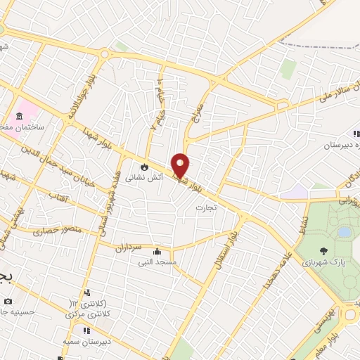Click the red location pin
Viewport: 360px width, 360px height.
pyautogui.click(x=181, y=165)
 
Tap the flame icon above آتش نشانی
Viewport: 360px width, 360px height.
pyautogui.click(x=145, y=167)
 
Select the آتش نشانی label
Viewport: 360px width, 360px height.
pyautogui.click(x=144, y=179)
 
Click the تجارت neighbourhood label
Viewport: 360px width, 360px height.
pyautogui.click(x=207, y=207)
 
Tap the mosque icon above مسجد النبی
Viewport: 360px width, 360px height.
pyautogui.click(x=157, y=251)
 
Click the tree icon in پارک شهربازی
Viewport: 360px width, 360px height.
pyautogui.click(x=323, y=251)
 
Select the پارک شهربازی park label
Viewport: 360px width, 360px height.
pyautogui.click(x=323, y=263)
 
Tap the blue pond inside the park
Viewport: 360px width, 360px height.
pyautogui.click(x=344, y=231)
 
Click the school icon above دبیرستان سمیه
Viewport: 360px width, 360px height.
pyautogui.click(x=86, y=330)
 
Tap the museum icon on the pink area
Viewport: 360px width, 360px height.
pyautogui.click(x=20, y=117)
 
